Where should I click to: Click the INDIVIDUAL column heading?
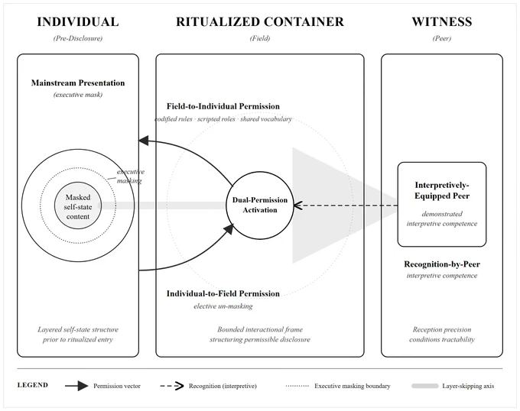pos(78,22)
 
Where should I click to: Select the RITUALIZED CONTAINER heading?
pos(260,22)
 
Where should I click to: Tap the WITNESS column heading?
pos(442,22)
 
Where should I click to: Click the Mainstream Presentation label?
pos(78,83)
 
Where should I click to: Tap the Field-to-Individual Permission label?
pos(223,106)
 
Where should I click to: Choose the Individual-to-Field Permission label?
pos(223,294)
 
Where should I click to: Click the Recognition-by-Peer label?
pos(442,264)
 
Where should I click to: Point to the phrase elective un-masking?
pos(223,306)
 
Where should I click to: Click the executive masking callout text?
pos(130,176)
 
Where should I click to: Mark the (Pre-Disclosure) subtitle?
pos(78,38)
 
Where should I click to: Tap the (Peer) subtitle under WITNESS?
pos(442,38)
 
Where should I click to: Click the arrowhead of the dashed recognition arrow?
pos(297,205)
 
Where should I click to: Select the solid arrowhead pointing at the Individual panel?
pos(143,141)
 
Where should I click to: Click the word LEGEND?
pos(32,385)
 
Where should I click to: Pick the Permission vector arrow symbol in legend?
pos(76,386)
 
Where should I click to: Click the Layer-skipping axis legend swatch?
pos(425,386)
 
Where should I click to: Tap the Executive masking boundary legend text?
pos(353,386)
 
